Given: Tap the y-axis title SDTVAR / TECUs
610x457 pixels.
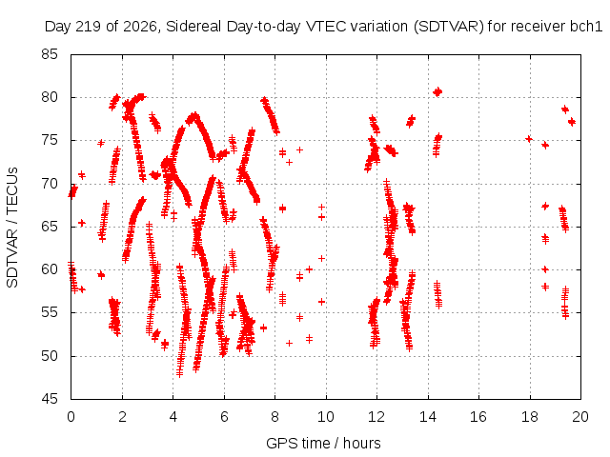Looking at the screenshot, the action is [x=12, y=228].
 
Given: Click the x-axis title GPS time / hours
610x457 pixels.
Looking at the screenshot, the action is [x=323, y=443].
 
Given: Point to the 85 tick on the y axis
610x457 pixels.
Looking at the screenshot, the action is [x=50, y=54].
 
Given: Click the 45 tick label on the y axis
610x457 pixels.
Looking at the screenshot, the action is [x=50, y=399].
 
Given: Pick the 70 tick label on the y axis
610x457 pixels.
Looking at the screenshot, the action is [x=50, y=184].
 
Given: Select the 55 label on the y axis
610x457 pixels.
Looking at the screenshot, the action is [x=50, y=312].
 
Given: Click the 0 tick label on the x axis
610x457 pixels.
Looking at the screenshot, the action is [x=71, y=417].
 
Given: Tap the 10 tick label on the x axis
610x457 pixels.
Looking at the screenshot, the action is [x=326, y=417].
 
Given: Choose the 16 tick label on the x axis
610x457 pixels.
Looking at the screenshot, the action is [x=478, y=417].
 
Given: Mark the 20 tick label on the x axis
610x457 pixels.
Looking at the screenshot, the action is [x=580, y=417].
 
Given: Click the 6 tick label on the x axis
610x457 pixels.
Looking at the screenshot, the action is [x=224, y=417].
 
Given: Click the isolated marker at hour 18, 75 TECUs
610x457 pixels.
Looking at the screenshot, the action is [x=529, y=139].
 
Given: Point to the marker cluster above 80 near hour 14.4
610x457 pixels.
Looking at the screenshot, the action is [x=437, y=92].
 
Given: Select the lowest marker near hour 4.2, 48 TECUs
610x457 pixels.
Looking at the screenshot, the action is [x=179, y=373].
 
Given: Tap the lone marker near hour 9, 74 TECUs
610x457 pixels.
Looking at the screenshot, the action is [x=299, y=149].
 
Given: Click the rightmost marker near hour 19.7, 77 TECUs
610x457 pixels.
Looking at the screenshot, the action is [x=572, y=122].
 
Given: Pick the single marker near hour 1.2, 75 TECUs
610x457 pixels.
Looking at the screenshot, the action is [x=101, y=143].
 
